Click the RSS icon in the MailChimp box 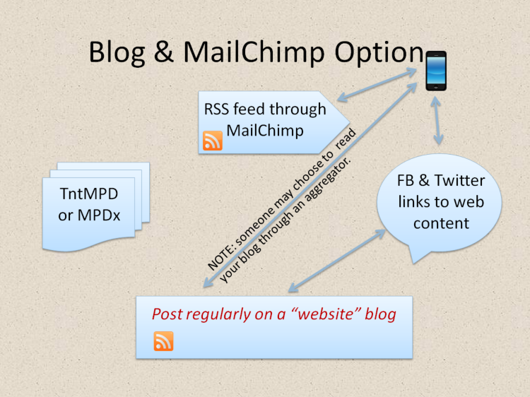[213, 141]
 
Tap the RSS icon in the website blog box [163, 341]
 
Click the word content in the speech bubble [442, 223]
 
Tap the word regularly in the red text [215, 314]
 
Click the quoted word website [328, 314]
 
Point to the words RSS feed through [265, 109]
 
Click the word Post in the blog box [167, 314]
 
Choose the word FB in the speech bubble [408, 182]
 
